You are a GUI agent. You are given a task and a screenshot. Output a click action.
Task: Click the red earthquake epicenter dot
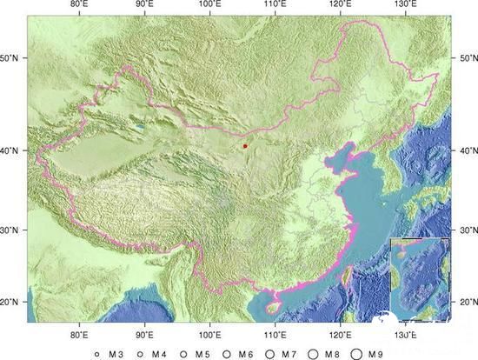click(x=245, y=146)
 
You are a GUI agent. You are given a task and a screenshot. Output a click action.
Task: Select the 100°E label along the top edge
click(x=209, y=6)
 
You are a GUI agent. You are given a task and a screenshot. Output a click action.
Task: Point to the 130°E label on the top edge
click(x=405, y=6)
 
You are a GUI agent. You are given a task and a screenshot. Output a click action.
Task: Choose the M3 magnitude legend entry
click(x=113, y=353)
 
